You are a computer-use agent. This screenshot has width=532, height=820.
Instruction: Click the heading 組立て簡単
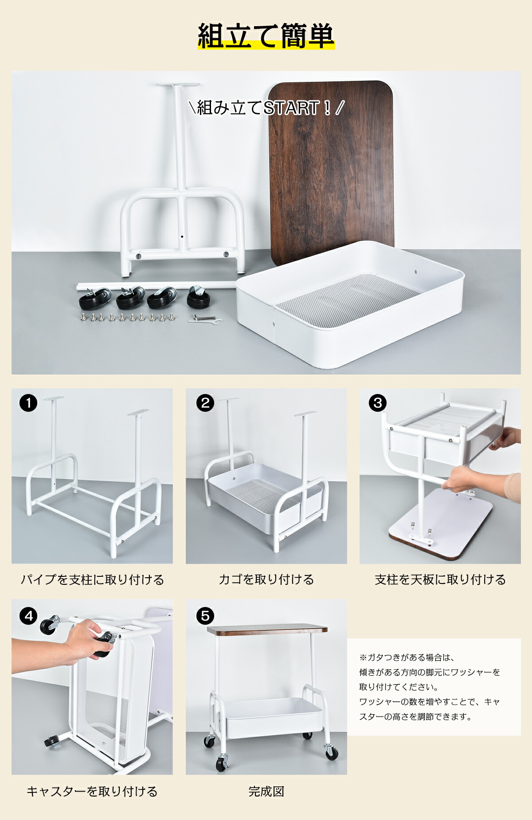[266, 36]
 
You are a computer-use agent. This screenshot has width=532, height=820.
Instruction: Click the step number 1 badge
[28, 403]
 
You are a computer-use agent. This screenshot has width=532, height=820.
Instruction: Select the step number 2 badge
[205, 403]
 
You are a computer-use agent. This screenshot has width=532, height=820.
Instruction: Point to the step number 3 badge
[378, 403]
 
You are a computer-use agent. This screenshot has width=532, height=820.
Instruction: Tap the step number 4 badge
[28, 616]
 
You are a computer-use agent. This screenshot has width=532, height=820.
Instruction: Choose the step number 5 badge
[205, 616]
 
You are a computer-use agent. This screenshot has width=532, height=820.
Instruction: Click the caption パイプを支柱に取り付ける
[92, 580]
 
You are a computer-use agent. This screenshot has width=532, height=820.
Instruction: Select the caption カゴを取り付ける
[266, 580]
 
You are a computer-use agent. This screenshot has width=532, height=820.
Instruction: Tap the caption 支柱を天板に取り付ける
[440, 580]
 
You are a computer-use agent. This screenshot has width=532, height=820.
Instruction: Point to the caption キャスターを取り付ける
[92, 792]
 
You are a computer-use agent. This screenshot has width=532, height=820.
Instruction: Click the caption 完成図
[266, 792]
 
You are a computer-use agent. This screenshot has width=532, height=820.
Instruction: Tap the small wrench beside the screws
[205, 319]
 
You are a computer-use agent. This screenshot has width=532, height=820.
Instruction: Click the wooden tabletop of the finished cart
[267, 630]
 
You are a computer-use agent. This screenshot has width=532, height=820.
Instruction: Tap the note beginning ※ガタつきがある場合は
[429, 686]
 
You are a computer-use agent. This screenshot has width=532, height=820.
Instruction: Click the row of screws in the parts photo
[127, 317]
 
